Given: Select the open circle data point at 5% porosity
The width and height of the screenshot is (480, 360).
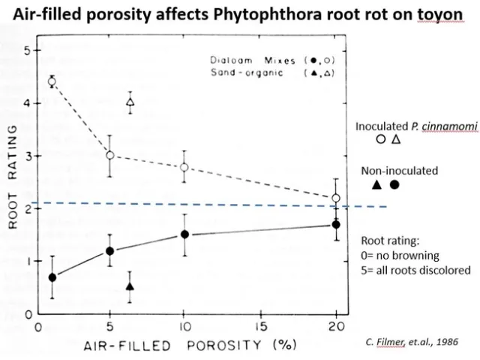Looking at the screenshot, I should click(110, 155).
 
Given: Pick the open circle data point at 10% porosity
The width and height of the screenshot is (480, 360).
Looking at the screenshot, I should click(184, 167).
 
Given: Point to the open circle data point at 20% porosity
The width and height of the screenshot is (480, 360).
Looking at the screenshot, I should click(336, 199).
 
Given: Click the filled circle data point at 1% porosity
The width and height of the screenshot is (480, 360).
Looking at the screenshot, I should click(52, 277).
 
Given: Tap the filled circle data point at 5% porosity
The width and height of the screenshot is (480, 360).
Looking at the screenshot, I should click(110, 251).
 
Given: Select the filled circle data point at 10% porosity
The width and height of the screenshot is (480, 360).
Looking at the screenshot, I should click(184, 235).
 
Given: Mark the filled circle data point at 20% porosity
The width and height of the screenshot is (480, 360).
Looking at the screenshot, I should click(336, 224).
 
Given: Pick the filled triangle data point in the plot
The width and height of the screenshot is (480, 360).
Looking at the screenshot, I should click(130, 286).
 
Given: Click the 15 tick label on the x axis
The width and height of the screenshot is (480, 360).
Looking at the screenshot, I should click(260, 326).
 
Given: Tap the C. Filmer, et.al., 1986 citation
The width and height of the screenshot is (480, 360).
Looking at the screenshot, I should click(411, 340).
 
